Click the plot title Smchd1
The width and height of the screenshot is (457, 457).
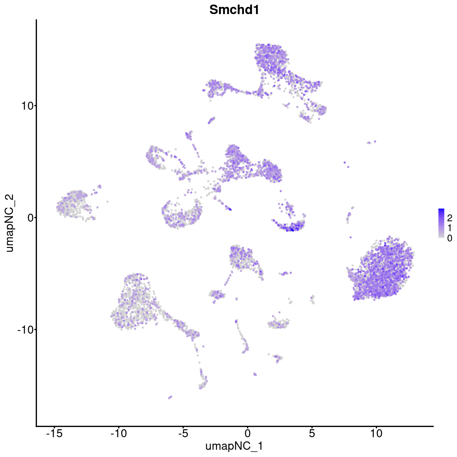click(234, 10)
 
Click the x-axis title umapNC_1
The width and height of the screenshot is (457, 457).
click(234, 446)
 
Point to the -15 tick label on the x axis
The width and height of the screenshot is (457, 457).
click(54, 433)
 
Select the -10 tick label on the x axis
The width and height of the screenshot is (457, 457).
click(118, 433)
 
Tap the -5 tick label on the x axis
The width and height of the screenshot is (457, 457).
click(183, 433)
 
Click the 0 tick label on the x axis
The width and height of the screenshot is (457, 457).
click(248, 433)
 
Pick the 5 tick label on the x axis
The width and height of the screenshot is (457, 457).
click(312, 433)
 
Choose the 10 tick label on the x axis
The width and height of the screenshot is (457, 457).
click(376, 433)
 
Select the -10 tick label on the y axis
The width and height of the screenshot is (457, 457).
click(25, 329)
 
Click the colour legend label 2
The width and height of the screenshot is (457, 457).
click(449, 218)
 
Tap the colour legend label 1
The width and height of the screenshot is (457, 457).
click(449, 228)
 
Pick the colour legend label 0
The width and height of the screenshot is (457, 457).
click(449, 238)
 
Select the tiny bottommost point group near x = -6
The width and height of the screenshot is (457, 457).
click(170, 397)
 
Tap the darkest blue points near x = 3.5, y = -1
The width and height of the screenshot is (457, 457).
click(292, 229)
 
